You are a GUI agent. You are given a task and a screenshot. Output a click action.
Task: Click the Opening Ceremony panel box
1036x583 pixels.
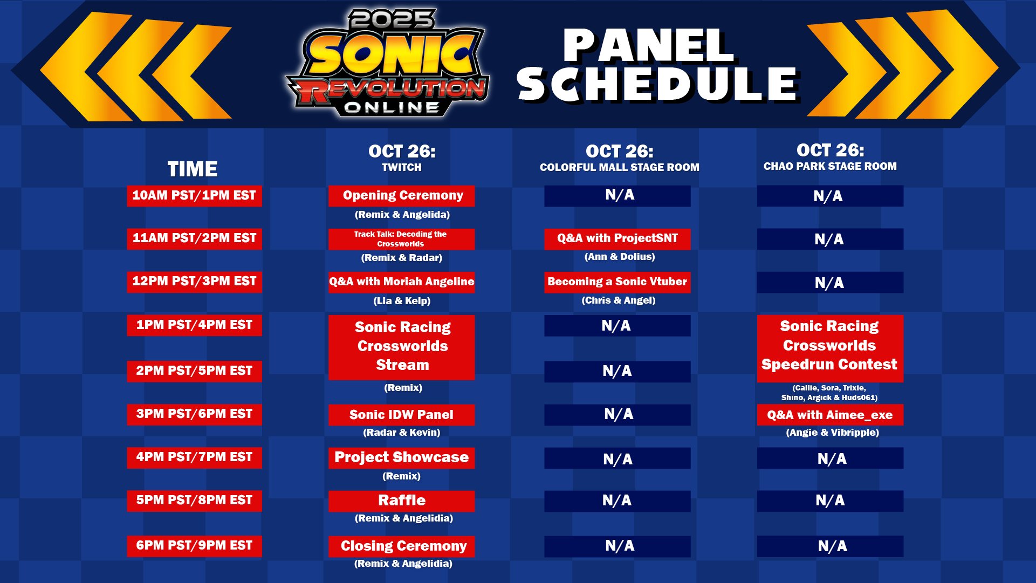(401, 196)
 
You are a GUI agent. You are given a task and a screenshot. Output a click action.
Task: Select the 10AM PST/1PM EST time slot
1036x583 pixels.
(194, 196)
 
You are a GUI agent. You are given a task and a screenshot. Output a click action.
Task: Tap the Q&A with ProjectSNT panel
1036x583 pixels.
(617, 239)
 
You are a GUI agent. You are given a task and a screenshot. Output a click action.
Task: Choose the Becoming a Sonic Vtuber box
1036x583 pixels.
(617, 282)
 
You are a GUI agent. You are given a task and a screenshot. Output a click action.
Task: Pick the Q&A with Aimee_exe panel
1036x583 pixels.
(830, 415)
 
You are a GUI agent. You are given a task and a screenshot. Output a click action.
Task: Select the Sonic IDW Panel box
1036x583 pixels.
(401, 415)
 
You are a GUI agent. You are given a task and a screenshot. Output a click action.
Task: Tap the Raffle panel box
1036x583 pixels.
(401, 501)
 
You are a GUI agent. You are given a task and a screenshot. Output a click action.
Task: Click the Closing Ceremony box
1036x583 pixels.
(401, 546)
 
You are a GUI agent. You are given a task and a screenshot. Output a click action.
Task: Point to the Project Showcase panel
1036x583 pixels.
(401, 458)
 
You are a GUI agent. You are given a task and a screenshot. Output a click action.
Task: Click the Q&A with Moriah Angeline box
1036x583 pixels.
(401, 282)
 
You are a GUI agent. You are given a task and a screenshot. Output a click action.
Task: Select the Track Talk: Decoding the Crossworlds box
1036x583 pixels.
(401, 239)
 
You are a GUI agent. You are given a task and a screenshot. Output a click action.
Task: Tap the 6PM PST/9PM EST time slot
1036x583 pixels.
(194, 546)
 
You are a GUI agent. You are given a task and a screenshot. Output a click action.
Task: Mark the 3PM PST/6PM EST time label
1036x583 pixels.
(194, 415)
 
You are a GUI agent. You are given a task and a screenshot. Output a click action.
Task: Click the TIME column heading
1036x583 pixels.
(193, 169)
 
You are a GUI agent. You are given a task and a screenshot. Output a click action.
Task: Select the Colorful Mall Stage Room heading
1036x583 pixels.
(619, 167)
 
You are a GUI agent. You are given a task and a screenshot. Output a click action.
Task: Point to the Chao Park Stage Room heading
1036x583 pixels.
(830, 166)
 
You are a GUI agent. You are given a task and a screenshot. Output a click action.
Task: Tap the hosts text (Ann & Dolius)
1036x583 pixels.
(620, 257)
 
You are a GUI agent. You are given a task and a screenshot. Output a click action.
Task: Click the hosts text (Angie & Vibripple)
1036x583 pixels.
(832, 433)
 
